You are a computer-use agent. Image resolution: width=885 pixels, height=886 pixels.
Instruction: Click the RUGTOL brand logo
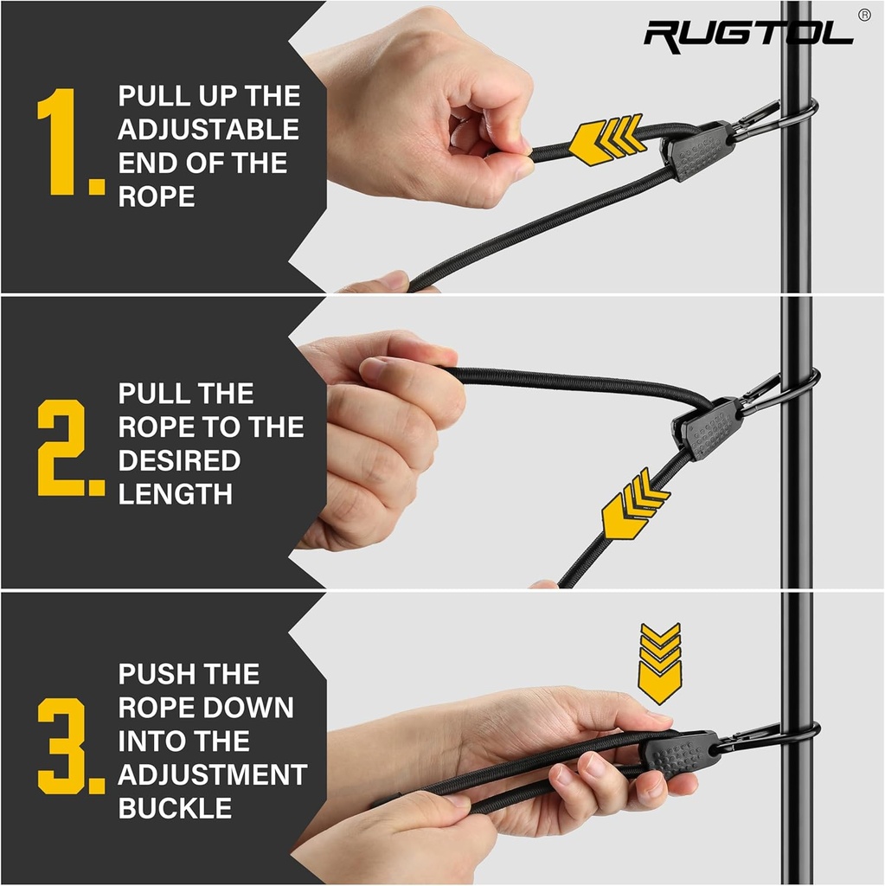747,34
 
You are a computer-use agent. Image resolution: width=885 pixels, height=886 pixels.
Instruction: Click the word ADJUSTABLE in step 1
208,130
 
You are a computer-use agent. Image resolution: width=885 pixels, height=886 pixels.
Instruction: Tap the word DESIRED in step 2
178,460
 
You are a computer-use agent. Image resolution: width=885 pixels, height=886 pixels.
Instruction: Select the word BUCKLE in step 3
176,808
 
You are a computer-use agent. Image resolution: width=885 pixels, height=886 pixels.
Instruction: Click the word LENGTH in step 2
176,494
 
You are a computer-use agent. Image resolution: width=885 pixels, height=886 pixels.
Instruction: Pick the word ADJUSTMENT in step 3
213,774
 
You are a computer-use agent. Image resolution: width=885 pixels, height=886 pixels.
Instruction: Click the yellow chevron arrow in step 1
606,138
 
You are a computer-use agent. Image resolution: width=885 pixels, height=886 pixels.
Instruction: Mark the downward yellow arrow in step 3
659,661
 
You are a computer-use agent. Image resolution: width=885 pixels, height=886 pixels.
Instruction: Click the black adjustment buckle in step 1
697,151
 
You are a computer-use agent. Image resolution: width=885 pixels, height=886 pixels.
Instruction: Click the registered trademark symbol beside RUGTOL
863,15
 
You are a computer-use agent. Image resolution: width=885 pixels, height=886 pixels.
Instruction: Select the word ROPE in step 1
157,196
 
